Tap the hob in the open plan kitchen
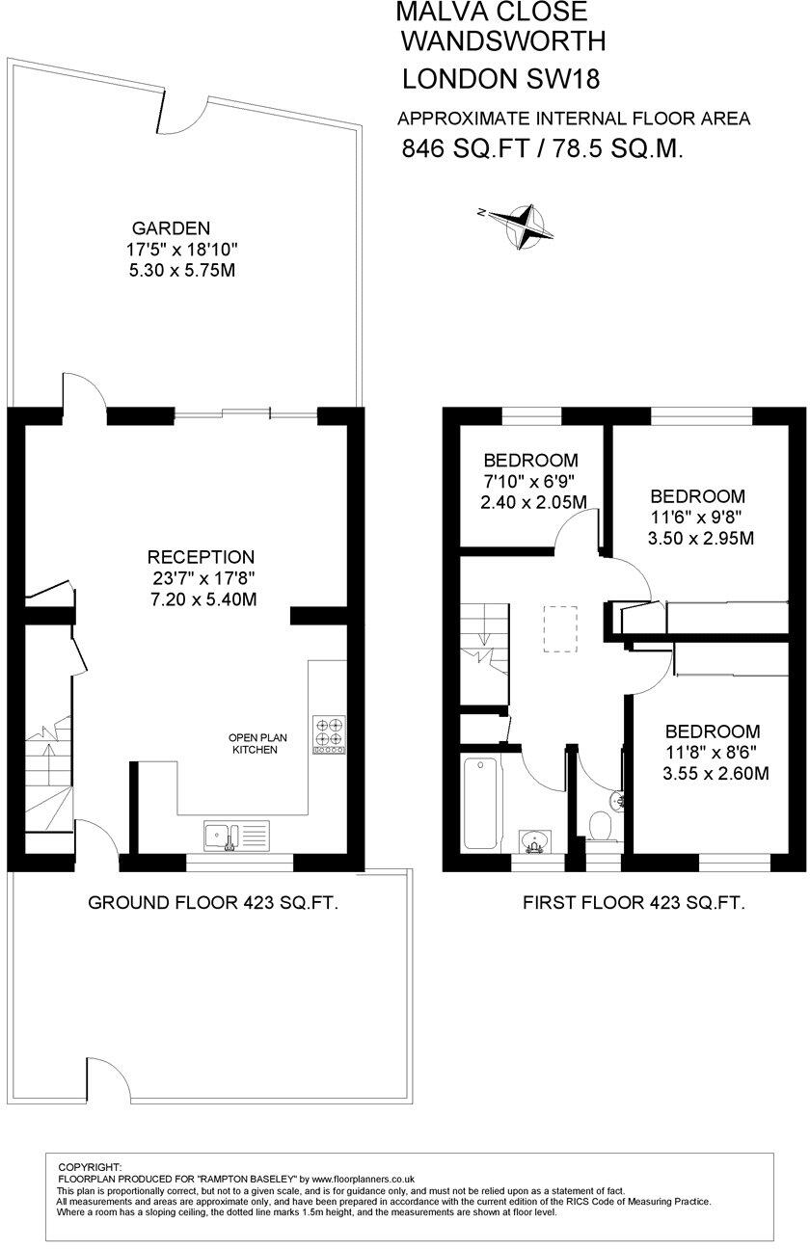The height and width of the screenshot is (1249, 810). click(x=330, y=735)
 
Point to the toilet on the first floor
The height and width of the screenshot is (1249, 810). click(x=601, y=826)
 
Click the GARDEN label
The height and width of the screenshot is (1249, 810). click(x=171, y=229)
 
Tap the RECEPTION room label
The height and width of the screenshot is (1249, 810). click(x=201, y=557)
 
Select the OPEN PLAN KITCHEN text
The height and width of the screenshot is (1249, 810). click(x=253, y=744)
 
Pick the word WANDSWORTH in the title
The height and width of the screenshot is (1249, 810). click(x=503, y=40)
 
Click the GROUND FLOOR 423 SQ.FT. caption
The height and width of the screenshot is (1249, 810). click(x=213, y=903)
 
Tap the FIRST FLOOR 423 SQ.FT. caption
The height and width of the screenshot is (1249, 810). click(x=634, y=903)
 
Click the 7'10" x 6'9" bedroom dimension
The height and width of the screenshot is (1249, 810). click(x=530, y=481)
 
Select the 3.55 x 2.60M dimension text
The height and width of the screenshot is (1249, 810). click(x=716, y=773)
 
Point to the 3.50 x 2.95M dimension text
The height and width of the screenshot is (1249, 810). click(x=701, y=538)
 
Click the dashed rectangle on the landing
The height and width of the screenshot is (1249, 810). click(x=560, y=628)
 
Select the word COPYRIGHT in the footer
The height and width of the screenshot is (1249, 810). click(x=91, y=1167)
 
